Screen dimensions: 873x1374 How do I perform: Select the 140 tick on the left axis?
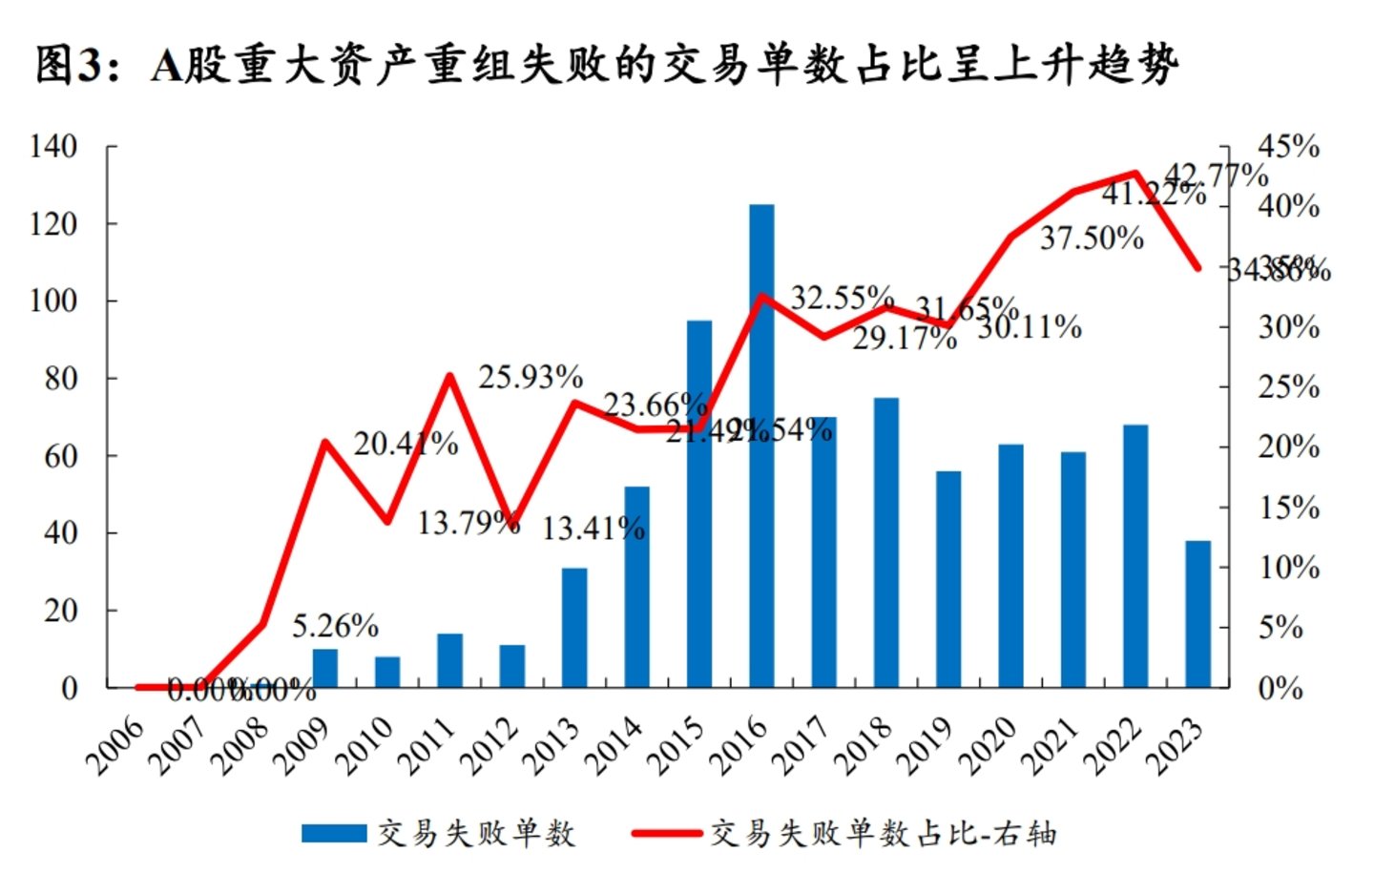point(53,146)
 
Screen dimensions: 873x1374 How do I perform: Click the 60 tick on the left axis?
point(61,455)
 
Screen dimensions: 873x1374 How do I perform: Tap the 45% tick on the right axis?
point(1288,146)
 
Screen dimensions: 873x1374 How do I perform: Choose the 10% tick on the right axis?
point(1288,568)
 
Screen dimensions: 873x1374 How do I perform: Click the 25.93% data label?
point(531,377)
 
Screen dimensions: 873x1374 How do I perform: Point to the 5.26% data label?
point(335,626)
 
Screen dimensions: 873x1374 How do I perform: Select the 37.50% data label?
point(1092,238)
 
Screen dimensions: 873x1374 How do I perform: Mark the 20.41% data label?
point(406,444)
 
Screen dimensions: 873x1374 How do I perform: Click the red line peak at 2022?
point(1135,174)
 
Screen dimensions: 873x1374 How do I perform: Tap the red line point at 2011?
point(450,375)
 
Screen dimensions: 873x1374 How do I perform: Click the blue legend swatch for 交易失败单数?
point(334,834)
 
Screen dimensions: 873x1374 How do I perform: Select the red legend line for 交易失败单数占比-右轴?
point(666,834)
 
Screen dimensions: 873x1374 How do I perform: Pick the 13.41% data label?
point(593,528)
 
